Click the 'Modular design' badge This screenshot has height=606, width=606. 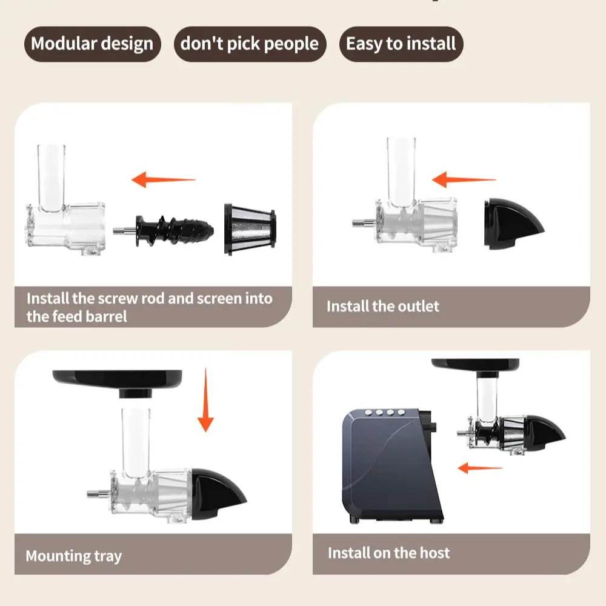[92, 44]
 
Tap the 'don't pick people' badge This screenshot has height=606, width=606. [250, 44]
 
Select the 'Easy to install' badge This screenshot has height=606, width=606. [401, 44]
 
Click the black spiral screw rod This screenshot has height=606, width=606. [174, 230]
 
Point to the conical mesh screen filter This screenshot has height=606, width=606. [250, 229]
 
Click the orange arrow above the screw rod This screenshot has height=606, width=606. [164, 180]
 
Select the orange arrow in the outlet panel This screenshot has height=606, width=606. [464, 180]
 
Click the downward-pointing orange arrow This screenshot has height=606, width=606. [205, 399]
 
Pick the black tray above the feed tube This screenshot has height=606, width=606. [118, 382]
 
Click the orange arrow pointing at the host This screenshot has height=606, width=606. [480, 468]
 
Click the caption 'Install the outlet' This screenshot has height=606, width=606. [382, 307]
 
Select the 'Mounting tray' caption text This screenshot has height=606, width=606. [74, 556]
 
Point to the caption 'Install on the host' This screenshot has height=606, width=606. [389, 553]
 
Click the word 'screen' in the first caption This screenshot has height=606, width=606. [217, 298]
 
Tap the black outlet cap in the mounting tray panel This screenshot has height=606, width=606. [217, 493]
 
